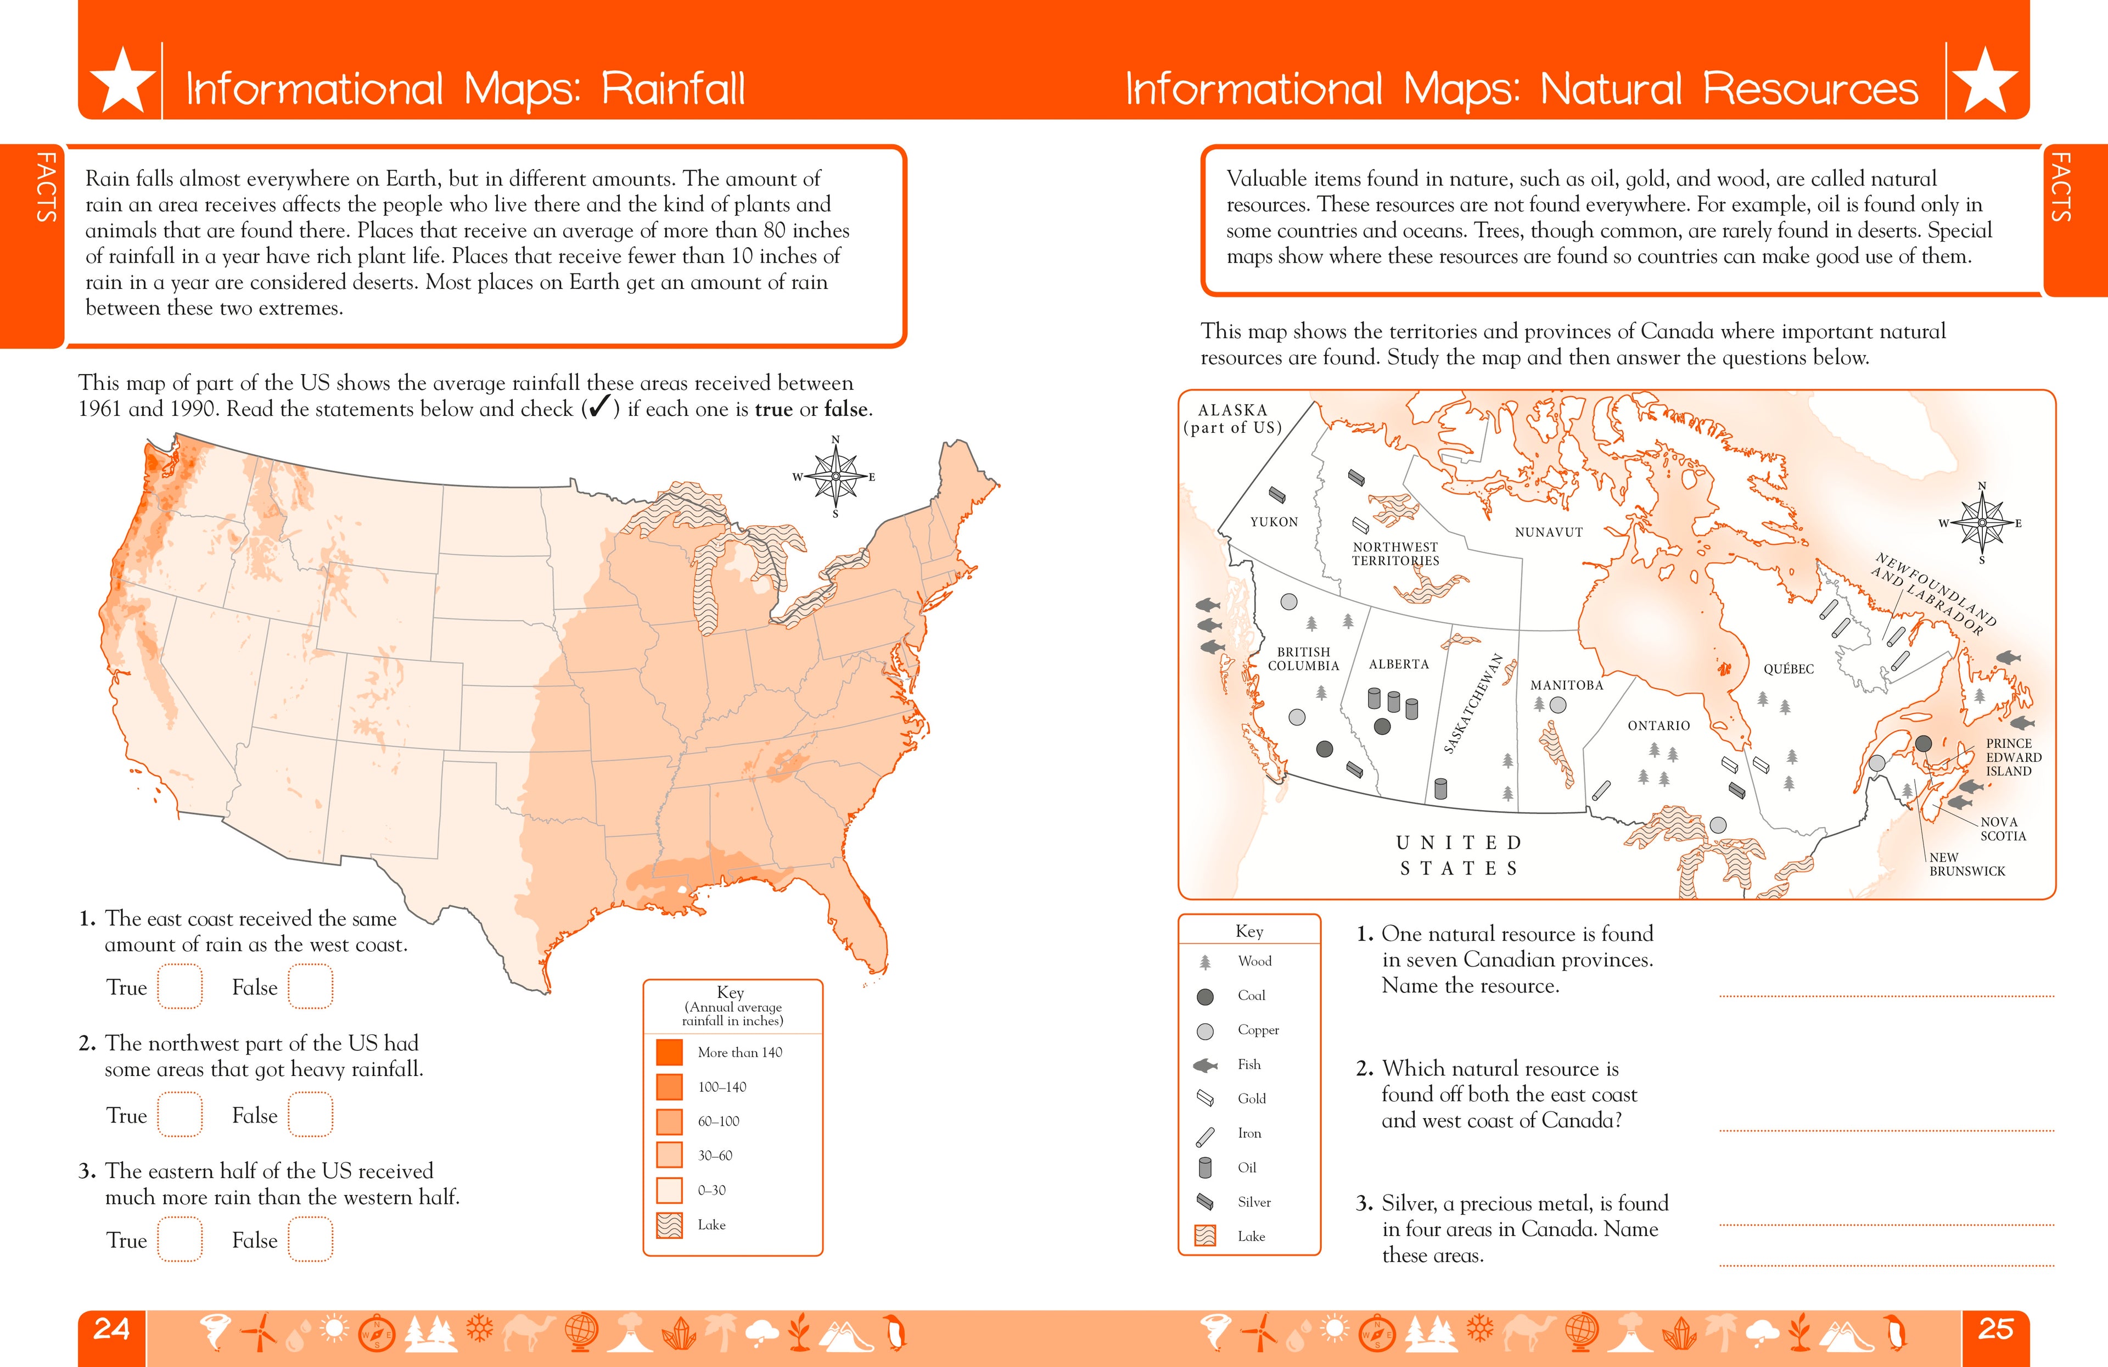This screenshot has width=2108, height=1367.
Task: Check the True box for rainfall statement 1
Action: [x=180, y=987]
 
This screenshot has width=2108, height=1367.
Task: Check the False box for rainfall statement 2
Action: [x=310, y=1114]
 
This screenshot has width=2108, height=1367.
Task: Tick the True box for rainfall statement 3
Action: [x=180, y=1240]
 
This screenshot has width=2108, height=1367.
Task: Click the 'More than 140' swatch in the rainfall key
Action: [x=670, y=1052]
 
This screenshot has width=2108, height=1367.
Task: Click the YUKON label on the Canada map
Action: [x=1274, y=522]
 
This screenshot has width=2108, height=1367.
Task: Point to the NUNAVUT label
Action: [x=1548, y=532]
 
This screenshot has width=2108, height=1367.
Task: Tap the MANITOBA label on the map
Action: [x=1567, y=685]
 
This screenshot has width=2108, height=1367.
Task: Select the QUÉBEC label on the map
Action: [x=1789, y=669]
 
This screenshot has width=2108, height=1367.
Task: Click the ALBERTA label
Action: [x=1399, y=663]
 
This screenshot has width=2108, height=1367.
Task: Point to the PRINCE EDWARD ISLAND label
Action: [x=2013, y=757]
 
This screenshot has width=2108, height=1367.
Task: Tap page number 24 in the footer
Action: [x=111, y=1329]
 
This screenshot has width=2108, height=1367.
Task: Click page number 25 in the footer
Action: [x=1995, y=1329]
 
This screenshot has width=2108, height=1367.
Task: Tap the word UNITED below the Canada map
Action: [x=1459, y=842]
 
